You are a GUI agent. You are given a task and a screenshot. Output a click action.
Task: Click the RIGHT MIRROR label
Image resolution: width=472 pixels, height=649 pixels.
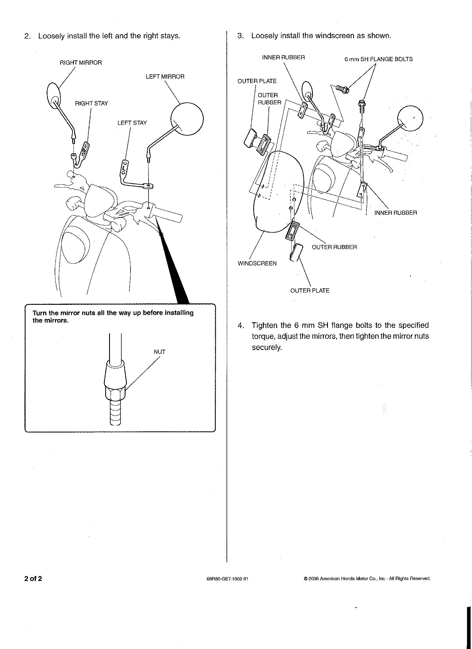click(81, 63)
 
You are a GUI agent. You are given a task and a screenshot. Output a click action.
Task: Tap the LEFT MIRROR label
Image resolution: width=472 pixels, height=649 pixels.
click(165, 77)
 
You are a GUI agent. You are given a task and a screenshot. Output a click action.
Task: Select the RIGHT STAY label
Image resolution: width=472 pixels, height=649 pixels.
click(91, 104)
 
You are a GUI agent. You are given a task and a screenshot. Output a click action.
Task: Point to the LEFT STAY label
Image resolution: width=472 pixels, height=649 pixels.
click(132, 123)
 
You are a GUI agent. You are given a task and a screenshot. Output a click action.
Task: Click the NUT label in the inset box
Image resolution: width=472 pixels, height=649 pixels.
click(159, 352)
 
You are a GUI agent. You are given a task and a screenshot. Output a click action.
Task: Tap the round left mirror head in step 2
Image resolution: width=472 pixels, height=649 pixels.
click(187, 119)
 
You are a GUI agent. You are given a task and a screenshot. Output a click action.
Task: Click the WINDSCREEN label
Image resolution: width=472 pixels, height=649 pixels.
click(257, 263)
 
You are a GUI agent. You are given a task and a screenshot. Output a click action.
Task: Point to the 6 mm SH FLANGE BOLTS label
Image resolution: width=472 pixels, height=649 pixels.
click(378, 59)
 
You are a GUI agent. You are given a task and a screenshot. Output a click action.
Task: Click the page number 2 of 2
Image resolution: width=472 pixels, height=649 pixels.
click(33, 579)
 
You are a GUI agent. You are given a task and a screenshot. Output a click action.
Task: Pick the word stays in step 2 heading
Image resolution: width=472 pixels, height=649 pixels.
click(170, 36)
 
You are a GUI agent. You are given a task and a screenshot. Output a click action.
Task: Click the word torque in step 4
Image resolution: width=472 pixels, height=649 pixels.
click(263, 336)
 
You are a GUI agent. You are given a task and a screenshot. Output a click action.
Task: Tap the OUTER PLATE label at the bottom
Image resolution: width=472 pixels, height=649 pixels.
click(310, 291)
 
